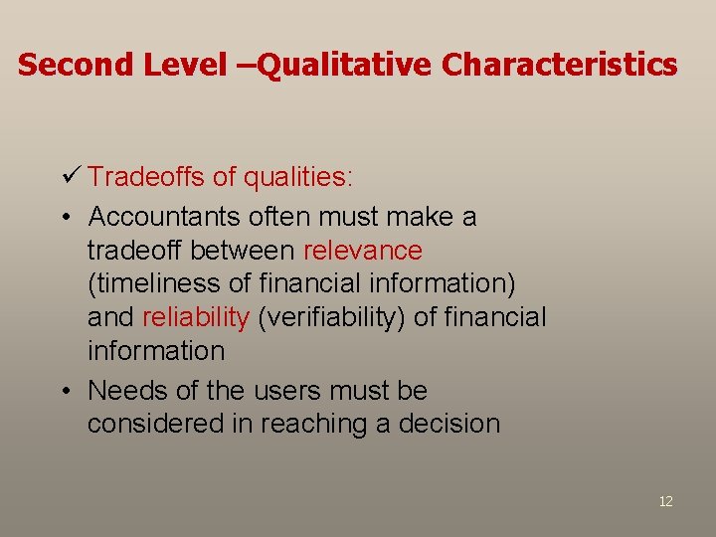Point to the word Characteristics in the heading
[560, 65]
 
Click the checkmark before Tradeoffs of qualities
[70, 177]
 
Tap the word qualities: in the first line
[299, 178]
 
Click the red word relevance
[363, 250]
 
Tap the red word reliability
[195, 317]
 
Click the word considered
[170, 424]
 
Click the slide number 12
[665, 501]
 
